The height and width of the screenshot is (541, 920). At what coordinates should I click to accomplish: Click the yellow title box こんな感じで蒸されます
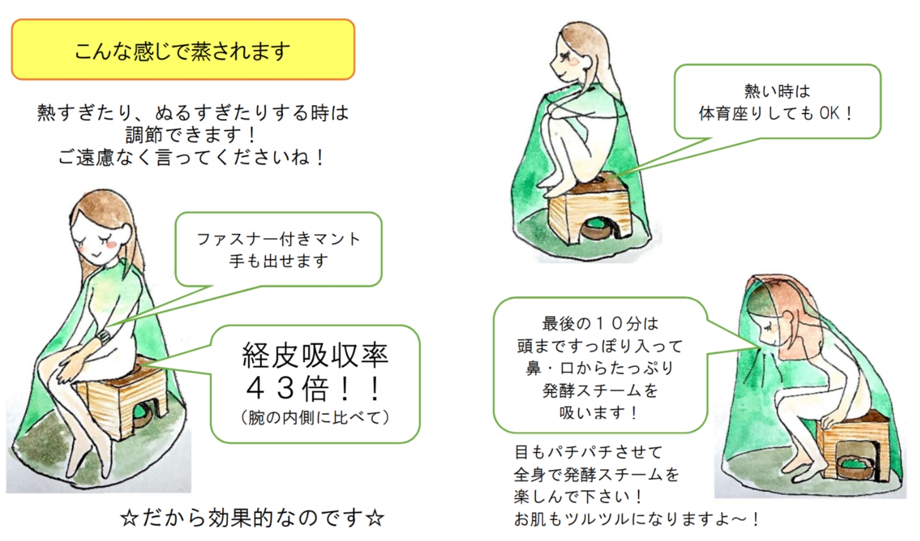pos(183,49)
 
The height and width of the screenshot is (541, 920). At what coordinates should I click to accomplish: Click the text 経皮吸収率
pos(315,355)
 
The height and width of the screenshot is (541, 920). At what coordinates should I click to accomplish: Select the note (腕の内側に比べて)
pos(315,418)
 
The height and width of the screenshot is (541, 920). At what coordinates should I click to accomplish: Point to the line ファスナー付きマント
pos(279,239)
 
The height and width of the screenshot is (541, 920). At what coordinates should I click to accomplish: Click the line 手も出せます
pos(279,261)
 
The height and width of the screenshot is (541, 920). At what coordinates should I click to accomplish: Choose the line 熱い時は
pos(777,91)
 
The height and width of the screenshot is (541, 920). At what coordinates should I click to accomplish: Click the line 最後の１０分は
pos(600,324)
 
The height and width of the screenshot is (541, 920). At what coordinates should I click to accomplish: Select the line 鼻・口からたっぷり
pos(600,368)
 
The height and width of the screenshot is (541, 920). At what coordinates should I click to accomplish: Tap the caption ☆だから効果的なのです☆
pos(252,518)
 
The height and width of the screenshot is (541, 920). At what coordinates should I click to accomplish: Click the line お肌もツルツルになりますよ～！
pos(636,519)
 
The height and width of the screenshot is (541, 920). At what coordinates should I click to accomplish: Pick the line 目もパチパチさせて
pos(588,452)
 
